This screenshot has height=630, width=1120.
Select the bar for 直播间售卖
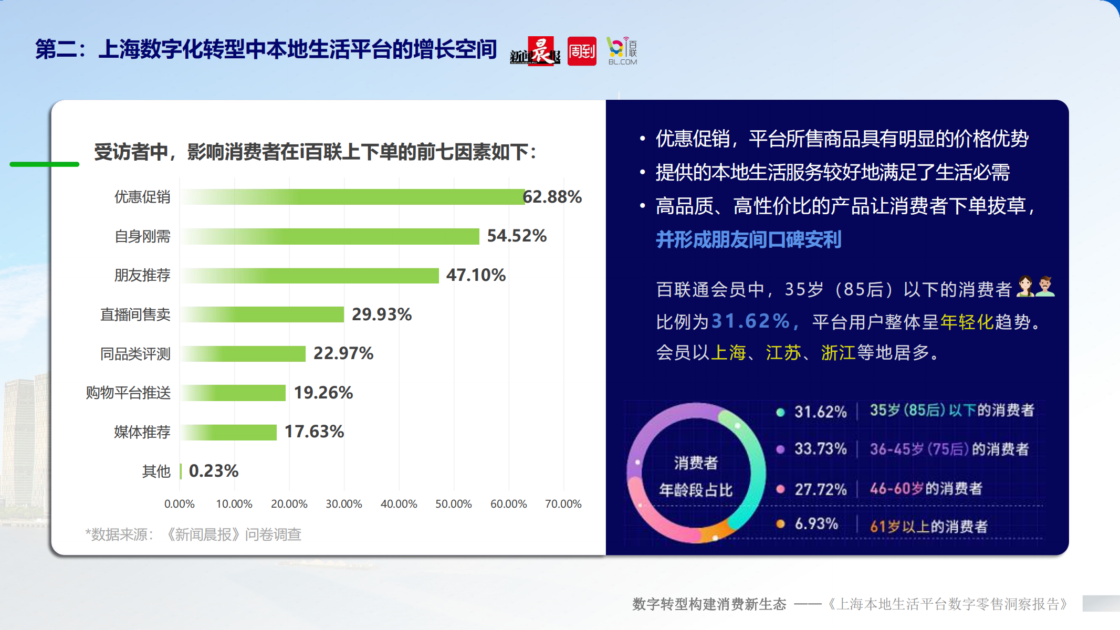[263, 314]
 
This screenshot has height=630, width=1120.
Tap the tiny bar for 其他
[181, 471]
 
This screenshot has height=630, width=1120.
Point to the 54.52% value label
[517, 236]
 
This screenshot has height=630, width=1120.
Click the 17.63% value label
[314, 432]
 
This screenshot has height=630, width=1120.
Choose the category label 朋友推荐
[142, 275]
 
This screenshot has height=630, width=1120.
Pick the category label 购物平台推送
[128, 393]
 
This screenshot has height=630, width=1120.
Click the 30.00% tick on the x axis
[344, 504]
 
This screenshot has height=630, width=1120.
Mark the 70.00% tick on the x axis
[563, 504]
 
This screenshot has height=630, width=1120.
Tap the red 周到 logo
[582, 51]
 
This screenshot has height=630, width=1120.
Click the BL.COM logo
[622, 51]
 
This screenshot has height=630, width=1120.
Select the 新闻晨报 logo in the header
[535, 51]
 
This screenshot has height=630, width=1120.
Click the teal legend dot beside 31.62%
[780, 412]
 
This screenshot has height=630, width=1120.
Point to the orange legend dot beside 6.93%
[780, 524]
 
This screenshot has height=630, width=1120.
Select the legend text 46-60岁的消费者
[926, 489]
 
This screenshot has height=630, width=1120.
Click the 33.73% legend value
[820, 449]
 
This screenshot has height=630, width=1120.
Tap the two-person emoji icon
[1035, 287]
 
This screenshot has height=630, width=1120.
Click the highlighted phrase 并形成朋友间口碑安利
[748, 240]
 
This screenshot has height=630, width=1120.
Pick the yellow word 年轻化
[967, 322]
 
